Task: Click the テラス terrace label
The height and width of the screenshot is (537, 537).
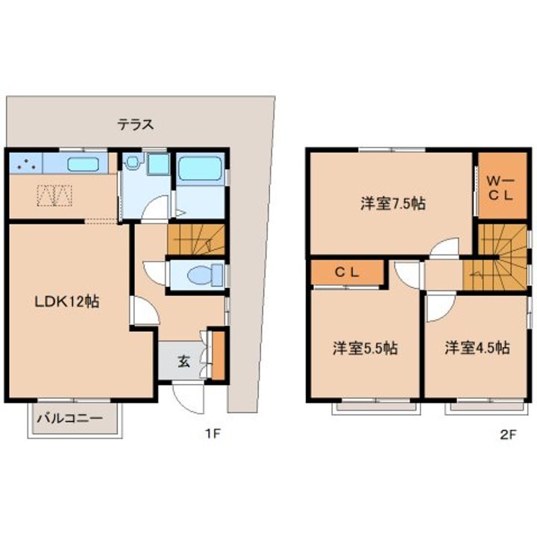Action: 136,125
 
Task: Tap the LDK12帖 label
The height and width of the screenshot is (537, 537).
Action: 67,302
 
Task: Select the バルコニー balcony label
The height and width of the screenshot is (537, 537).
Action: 70,418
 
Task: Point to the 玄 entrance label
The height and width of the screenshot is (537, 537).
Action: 184,361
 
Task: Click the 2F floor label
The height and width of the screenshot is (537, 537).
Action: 508,435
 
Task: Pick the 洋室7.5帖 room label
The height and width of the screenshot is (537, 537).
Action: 393,204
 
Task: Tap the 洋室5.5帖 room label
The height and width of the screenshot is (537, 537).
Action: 365,348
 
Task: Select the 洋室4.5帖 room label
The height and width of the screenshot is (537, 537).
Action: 477,348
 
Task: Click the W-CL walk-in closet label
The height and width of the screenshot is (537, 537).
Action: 500,188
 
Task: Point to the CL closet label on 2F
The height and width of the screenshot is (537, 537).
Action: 347,273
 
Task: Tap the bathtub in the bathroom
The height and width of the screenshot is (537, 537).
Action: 200,169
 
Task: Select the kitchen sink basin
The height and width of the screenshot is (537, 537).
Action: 84,164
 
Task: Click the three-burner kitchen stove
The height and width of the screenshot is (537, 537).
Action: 26,163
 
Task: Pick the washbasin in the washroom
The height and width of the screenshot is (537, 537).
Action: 131,161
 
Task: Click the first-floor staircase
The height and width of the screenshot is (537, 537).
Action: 196,239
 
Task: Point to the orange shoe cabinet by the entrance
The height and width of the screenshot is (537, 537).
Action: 218,355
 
